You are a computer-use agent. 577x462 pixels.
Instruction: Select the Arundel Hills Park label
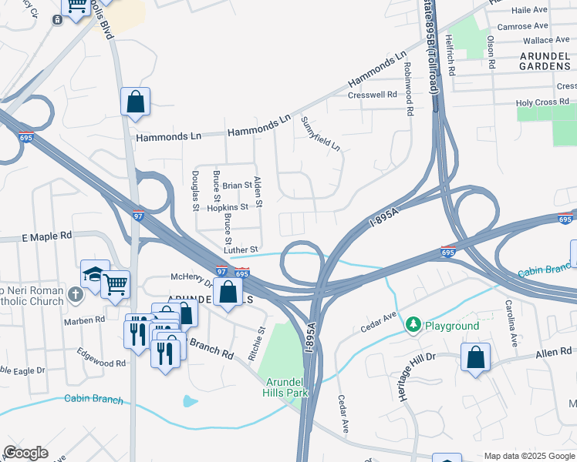coord(287,387)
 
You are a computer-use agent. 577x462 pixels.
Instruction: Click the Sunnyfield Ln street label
coord(320,134)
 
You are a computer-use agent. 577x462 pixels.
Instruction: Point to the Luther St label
coord(240,249)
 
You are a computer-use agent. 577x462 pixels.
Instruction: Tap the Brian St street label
coord(237,186)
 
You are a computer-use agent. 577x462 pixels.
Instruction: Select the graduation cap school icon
coord(93,273)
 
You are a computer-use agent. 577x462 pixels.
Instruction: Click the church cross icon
coord(75,294)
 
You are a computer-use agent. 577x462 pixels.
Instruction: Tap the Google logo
coord(25,453)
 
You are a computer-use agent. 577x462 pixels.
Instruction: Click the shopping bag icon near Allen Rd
coord(475,357)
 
